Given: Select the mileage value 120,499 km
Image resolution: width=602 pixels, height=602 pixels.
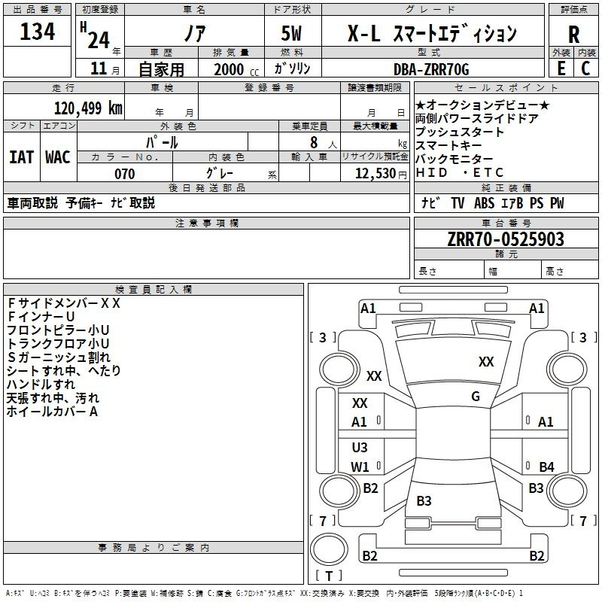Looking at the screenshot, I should coord(88,108).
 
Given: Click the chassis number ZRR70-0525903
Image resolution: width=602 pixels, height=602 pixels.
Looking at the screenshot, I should coord(505,239).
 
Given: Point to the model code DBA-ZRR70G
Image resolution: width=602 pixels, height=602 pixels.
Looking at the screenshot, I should coord(431,69).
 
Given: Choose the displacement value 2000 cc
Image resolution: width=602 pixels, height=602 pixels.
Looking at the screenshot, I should coord(229,70).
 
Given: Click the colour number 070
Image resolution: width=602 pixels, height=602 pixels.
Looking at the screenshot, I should coord(124,174).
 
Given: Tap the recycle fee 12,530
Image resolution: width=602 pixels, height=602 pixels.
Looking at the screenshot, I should coord(373,174).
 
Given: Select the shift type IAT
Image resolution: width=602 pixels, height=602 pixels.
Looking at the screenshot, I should coord(21,157).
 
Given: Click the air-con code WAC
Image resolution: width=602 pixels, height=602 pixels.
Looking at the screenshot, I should coord(58,157).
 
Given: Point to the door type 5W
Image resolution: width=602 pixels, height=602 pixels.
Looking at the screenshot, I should coord(293,34).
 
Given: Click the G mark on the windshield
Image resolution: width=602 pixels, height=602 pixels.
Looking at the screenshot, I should coord(476,397).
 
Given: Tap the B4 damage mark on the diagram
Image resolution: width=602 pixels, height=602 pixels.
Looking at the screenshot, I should coord(546,467).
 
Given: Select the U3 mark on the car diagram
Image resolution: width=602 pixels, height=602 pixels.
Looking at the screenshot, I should coord(360,448).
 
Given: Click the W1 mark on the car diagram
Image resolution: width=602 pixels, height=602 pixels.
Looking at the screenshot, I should coord(360,467).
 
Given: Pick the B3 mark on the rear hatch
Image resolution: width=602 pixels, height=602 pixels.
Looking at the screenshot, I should coord(424,501).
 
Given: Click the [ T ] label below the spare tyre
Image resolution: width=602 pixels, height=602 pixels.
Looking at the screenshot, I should coord(329,576).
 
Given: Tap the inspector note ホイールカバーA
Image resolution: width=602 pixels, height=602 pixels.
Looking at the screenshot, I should coord(53,412).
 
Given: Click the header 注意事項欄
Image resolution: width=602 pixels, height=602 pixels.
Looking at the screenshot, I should coord(207,223).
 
